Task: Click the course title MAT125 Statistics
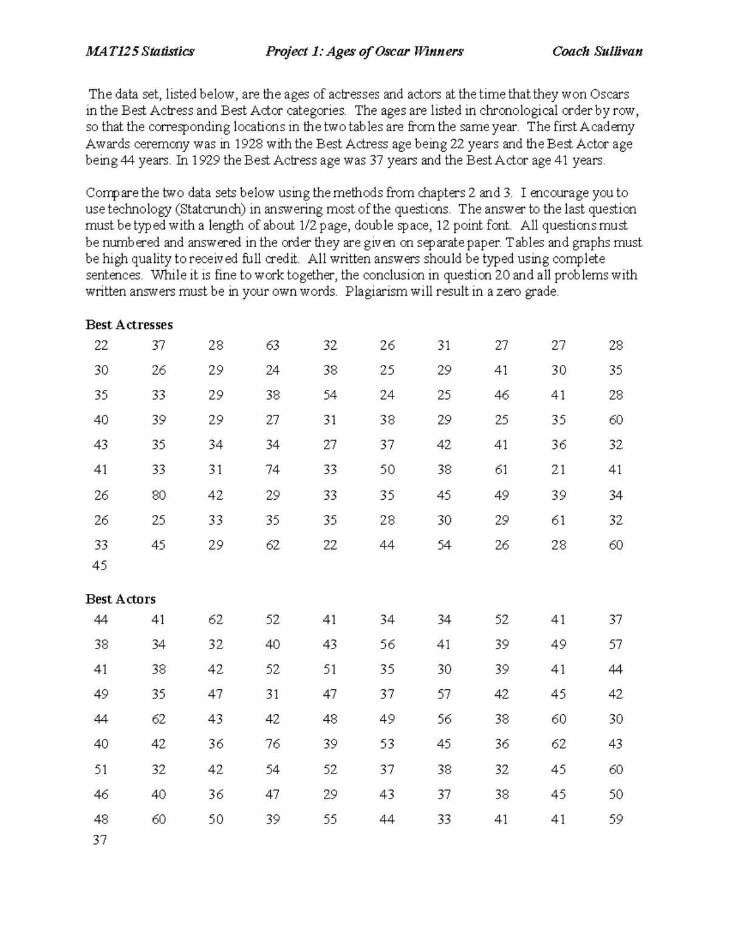pyautogui.click(x=140, y=52)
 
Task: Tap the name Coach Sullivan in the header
pyautogui.click(x=597, y=52)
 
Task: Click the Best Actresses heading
pyautogui.click(x=129, y=325)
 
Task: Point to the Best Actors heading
pyautogui.click(x=120, y=599)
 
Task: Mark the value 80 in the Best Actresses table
pyautogui.click(x=159, y=495)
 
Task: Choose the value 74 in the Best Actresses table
pyautogui.click(x=273, y=470)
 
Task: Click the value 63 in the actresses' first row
pyautogui.click(x=273, y=346)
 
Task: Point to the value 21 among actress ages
pyautogui.click(x=558, y=470)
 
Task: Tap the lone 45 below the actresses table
pyautogui.click(x=100, y=566)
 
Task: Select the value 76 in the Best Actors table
pyautogui.click(x=273, y=744)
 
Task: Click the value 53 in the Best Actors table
pyautogui.click(x=387, y=744)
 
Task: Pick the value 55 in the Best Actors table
pyautogui.click(x=330, y=820)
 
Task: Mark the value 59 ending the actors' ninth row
pyautogui.click(x=615, y=820)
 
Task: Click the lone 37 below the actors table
pyautogui.click(x=100, y=840)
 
